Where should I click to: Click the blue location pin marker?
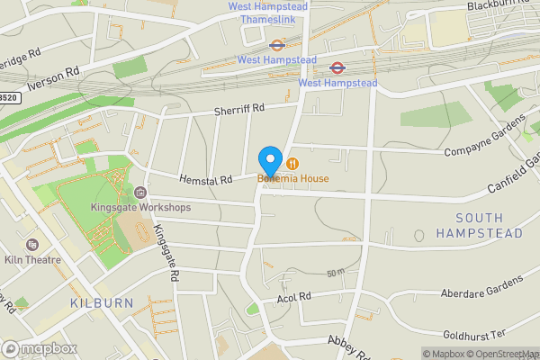coord(269,161)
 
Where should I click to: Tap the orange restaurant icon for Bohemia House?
coord(293,163)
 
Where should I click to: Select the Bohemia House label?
coord(293,178)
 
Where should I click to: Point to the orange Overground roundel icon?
coord(276,42)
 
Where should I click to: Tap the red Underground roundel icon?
coord(337,67)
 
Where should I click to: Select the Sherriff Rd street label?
coord(238,108)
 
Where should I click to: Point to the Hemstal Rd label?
coord(205,179)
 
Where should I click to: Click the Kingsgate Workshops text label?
coord(140,208)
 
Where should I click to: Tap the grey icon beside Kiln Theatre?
coord(33,244)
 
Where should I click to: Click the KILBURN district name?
coord(101,303)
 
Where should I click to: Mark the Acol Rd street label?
coord(293,296)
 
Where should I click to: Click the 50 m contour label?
coord(336,273)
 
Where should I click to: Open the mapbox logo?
coord(39,348)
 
